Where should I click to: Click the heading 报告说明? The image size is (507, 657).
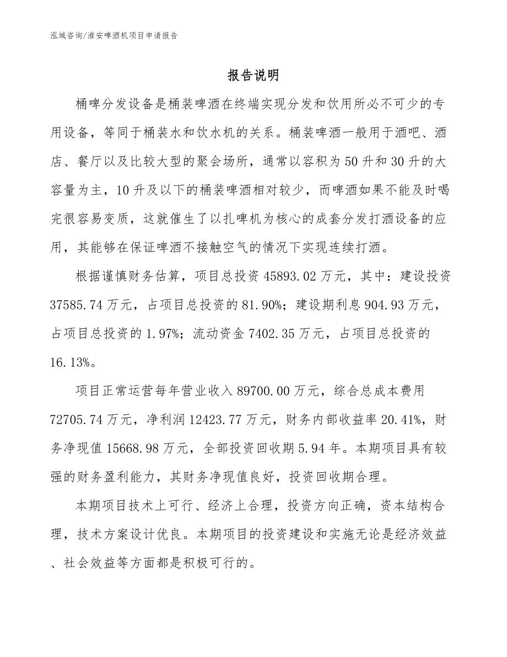point(253,76)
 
